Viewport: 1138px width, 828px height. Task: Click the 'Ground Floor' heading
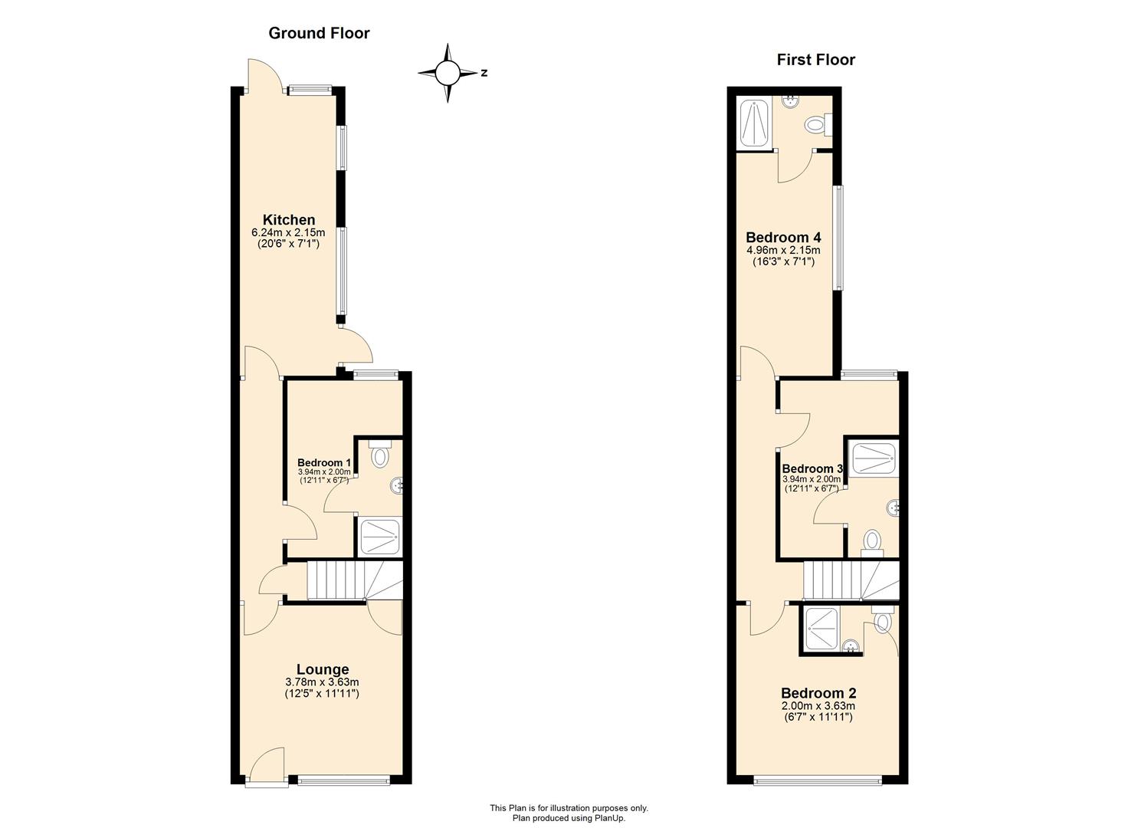click(x=319, y=33)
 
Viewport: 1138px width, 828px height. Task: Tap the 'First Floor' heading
click(x=815, y=60)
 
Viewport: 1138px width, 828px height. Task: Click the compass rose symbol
click(x=448, y=73)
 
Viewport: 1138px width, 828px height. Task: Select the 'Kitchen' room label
click(x=289, y=220)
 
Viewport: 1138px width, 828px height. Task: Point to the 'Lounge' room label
click(x=322, y=669)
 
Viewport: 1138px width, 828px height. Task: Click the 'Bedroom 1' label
click(x=324, y=463)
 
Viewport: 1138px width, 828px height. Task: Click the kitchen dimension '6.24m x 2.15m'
click(x=289, y=232)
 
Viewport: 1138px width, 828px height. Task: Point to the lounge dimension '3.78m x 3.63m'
click(x=322, y=682)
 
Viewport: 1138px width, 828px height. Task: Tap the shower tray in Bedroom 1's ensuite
click(x=379, y=536)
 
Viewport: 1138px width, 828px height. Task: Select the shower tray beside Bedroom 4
click(x=755, y=123)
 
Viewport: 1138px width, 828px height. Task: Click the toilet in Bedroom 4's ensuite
click(x=817, y=123)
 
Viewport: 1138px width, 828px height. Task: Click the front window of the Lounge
click(x=343, y=781)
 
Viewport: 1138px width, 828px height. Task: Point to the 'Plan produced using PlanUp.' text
click(x=569, y=818)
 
